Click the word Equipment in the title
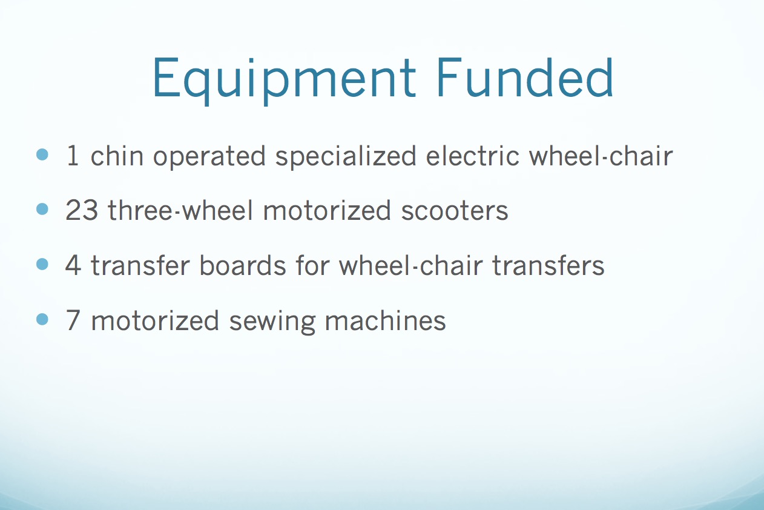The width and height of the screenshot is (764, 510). click(x=284, y=81)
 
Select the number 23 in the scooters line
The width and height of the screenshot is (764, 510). click(x=82, y=210)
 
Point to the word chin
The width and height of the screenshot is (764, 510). click(x=117, y=156)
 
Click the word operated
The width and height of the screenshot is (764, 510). click(x=209, y=157)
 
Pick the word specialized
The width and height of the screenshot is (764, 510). click(x=346, y=157)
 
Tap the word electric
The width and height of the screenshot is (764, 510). click(x=472, y=156)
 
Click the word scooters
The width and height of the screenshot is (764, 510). click(x=454, y=211)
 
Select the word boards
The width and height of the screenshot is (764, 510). click(x=243, y=265)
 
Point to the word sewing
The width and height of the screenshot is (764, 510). click(x=272, y=322)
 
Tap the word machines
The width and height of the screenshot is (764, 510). click(x=385, y=320)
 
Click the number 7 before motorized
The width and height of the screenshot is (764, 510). click(x=73, y=320)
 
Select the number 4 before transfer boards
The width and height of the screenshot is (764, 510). click(x=73, y=265)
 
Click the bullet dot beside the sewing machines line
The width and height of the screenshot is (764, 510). click(x=42, y=319)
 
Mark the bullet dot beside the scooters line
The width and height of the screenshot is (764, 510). click(x=42, y=209)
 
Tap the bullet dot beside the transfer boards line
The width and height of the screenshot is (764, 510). click(x=42, y=264)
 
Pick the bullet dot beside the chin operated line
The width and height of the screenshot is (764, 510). click(x=42, y=154)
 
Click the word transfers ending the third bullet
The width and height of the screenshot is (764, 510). click(x=548, y=265)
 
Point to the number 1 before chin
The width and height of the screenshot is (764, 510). click(x=73, y=156)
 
